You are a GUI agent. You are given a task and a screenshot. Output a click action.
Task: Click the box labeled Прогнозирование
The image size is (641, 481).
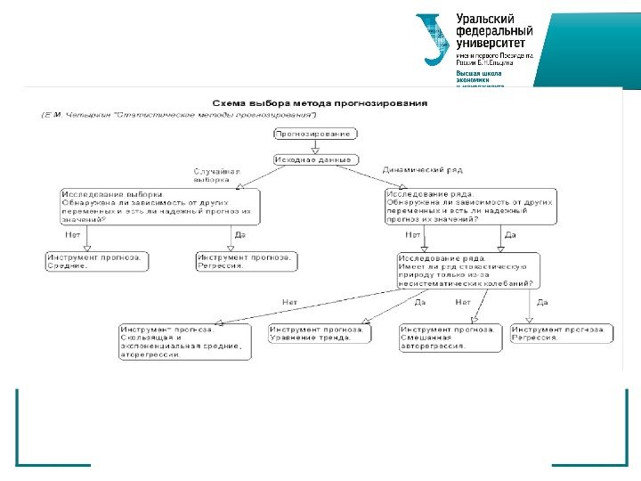click(x=315, y=134)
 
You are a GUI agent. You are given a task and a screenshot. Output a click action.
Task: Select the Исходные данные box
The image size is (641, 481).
click(x=315, y=159)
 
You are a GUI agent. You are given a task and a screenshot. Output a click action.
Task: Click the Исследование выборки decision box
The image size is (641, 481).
click(x=159, y=207)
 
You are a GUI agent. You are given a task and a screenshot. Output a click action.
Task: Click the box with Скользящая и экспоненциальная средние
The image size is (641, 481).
click(x=182, y=342)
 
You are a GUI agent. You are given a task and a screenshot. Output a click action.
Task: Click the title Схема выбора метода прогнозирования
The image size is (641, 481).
click(x=318, y=102)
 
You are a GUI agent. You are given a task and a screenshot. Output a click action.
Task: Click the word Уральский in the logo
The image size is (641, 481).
click(x=486, y=19)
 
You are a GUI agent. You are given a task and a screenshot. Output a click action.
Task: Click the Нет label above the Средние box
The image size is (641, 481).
click(x=72, y=235)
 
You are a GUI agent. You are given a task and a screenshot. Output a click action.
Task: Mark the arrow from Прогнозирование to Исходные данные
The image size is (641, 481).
click(x=315, y=146)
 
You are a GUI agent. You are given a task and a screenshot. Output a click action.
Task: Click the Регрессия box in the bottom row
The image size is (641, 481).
click(x=561, y=333)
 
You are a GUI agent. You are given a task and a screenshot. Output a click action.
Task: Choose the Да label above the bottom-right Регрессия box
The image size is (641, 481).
click(x=542, y=302)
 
